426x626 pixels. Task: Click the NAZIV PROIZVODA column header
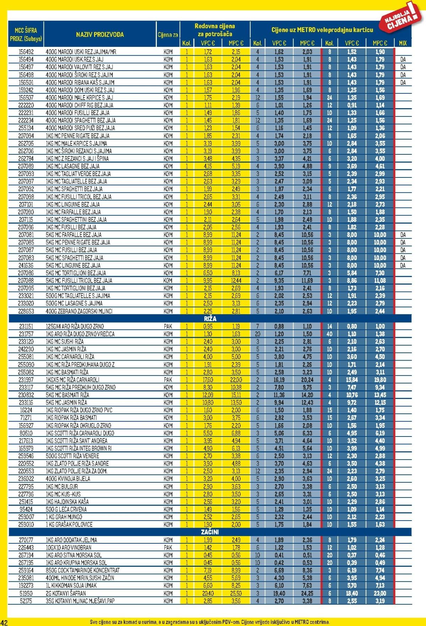click(100, 34)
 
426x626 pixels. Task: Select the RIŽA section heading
click(210, 319)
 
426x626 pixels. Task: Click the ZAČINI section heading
click(210, 532)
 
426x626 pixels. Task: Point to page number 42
click(4, 622)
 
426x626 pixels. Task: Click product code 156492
click(26, 52)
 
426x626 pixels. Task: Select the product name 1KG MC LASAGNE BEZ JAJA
click(72, 166)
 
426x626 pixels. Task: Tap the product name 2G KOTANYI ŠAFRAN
click(66, 593)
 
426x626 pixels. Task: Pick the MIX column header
click(403, 43)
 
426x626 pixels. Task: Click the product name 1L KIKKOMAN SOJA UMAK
click(71, 586)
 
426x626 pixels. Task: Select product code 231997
click(26, 380)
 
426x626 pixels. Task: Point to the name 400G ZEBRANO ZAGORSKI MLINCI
click(79, 311)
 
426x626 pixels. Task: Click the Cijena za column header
click(168, 35)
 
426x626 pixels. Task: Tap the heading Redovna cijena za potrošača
click(215, 30)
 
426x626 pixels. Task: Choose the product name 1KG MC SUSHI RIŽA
click(65, 341)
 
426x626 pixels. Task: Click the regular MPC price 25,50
click(236, 593)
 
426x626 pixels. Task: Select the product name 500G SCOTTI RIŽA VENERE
click(72, 456)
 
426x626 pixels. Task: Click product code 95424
click(26, 509)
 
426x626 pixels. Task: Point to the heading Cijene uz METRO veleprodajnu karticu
click(322, 30)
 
